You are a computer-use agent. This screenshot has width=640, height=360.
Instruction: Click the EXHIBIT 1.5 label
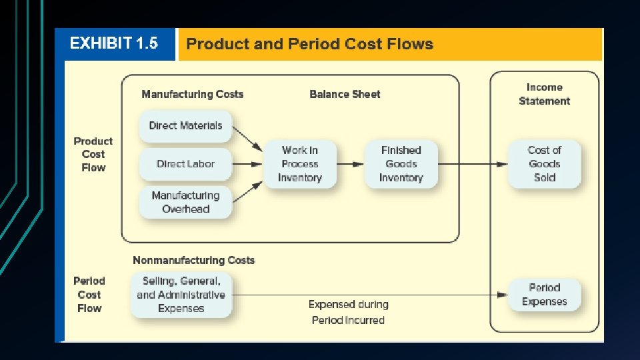point(114,44)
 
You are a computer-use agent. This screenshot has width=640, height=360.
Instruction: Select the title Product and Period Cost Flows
point(309,45)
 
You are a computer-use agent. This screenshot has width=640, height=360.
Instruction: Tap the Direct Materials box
point(185,126)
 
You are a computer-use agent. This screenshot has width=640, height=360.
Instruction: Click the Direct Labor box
point(185,164)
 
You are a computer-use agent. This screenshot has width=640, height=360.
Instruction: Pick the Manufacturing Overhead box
point(185,202)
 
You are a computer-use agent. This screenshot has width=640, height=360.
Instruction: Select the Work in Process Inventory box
point(300,164)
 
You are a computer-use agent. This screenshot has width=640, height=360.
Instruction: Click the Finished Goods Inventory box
point(401,164)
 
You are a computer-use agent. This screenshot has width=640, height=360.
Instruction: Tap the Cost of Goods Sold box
point(545,164)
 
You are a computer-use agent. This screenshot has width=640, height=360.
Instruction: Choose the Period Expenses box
point(545,295)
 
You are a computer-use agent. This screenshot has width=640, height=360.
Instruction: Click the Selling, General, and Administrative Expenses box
point(181,295)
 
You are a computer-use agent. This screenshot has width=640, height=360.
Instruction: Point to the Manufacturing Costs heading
point(193,95)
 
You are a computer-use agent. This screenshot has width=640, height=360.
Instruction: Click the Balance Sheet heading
point(345,95)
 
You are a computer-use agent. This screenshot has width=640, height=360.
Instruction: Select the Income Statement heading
point(545,94)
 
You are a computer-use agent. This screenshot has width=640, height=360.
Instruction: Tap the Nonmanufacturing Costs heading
point(194,260)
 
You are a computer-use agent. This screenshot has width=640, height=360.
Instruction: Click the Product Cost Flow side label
point(93,155)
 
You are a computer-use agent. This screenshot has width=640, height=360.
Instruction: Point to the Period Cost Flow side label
point(89,295)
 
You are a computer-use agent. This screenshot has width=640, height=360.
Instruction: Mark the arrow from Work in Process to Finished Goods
point(350,164)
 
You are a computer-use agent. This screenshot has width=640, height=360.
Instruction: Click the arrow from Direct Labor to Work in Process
point(248,164)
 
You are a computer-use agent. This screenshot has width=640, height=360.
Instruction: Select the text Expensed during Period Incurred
point(348,312)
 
